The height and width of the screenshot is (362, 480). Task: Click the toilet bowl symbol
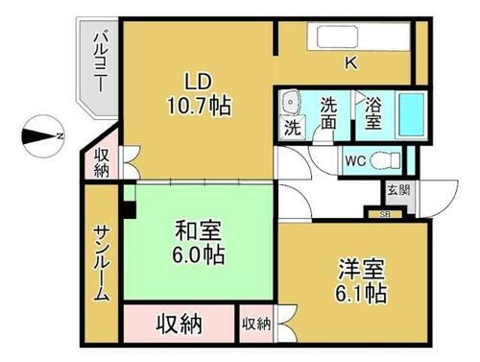pos(388,160)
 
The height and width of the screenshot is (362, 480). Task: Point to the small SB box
pos(385,213)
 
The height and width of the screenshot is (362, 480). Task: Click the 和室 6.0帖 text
pos(200,242)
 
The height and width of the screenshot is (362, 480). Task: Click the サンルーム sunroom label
pos(102,263)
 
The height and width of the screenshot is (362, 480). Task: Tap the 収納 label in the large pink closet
pos(180,323)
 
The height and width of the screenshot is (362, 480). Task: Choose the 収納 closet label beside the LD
pos(103,162)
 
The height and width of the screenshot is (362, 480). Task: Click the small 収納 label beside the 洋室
pos(255,324)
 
